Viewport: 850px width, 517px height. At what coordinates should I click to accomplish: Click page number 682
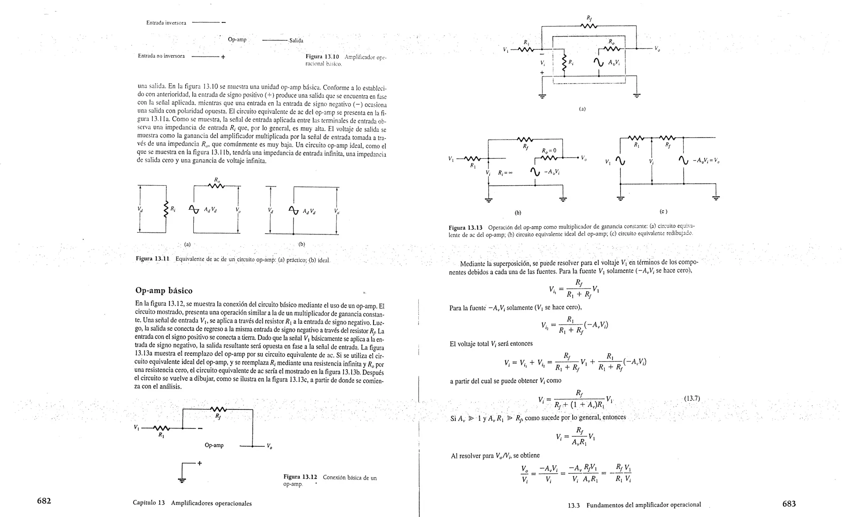click(x=44, y=501)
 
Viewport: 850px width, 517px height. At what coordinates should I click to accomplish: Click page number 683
click(x=789, y=504)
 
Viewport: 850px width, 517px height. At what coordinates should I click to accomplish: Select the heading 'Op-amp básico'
click(x=164, y=290)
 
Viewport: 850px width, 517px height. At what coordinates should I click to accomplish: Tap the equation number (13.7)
click(x=692, y=399)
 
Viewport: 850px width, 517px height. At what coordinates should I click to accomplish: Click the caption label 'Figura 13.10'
click(x=322, y=57)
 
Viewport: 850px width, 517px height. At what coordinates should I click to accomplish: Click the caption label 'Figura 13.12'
click(x=300, y=477)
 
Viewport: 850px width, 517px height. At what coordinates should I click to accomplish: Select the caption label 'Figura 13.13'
click(x=466, y=227)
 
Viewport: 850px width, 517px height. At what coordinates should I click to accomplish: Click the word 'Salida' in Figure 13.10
click(x=296, y=41)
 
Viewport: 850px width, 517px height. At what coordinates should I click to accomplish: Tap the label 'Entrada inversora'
click(x=166, y=22)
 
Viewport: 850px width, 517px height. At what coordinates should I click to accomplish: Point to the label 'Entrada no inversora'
click(x=161, y=56)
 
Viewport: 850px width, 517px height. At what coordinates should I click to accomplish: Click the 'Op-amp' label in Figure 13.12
click(x=214, y=445)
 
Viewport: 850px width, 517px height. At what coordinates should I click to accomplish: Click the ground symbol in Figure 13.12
click(x=182, y=480)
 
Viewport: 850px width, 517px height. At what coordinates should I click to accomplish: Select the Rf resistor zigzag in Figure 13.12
click(x=217, y=410)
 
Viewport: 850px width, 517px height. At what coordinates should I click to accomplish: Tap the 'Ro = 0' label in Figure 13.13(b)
click(x=549, y=150)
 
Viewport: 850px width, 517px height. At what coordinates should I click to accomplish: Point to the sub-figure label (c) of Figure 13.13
click(x=663, y=212)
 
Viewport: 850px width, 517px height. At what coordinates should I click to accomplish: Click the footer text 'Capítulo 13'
click(x=149, y=503)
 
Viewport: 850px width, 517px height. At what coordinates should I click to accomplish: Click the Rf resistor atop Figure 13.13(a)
click(x=589, y=26)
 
